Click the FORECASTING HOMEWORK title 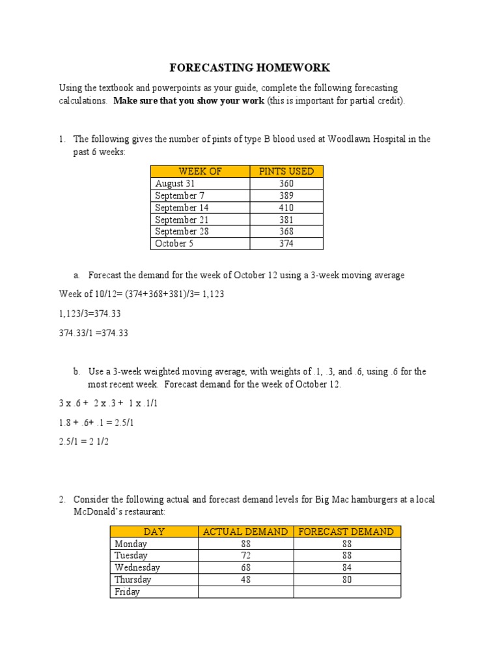tap(250, 68)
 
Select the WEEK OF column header tap(200, 171)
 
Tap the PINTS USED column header tap(286, 171)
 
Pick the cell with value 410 tap(286, 208)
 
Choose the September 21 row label tap(182, 220)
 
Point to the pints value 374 tap(286, 244)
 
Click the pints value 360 tap(286, 184)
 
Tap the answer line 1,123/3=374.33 tap(90, 313)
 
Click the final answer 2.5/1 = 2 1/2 tap(92, 441)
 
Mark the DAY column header tap(154, 532)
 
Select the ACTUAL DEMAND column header tap(245, 532)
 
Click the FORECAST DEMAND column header tap(346, 532)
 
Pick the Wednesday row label tap(137, 567)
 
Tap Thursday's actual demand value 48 tap(245, 580)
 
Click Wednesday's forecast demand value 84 tap(346, 567)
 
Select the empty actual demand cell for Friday tap(245, 592)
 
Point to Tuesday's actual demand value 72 tap(245, 556)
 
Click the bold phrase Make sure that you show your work tap(189, 101)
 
